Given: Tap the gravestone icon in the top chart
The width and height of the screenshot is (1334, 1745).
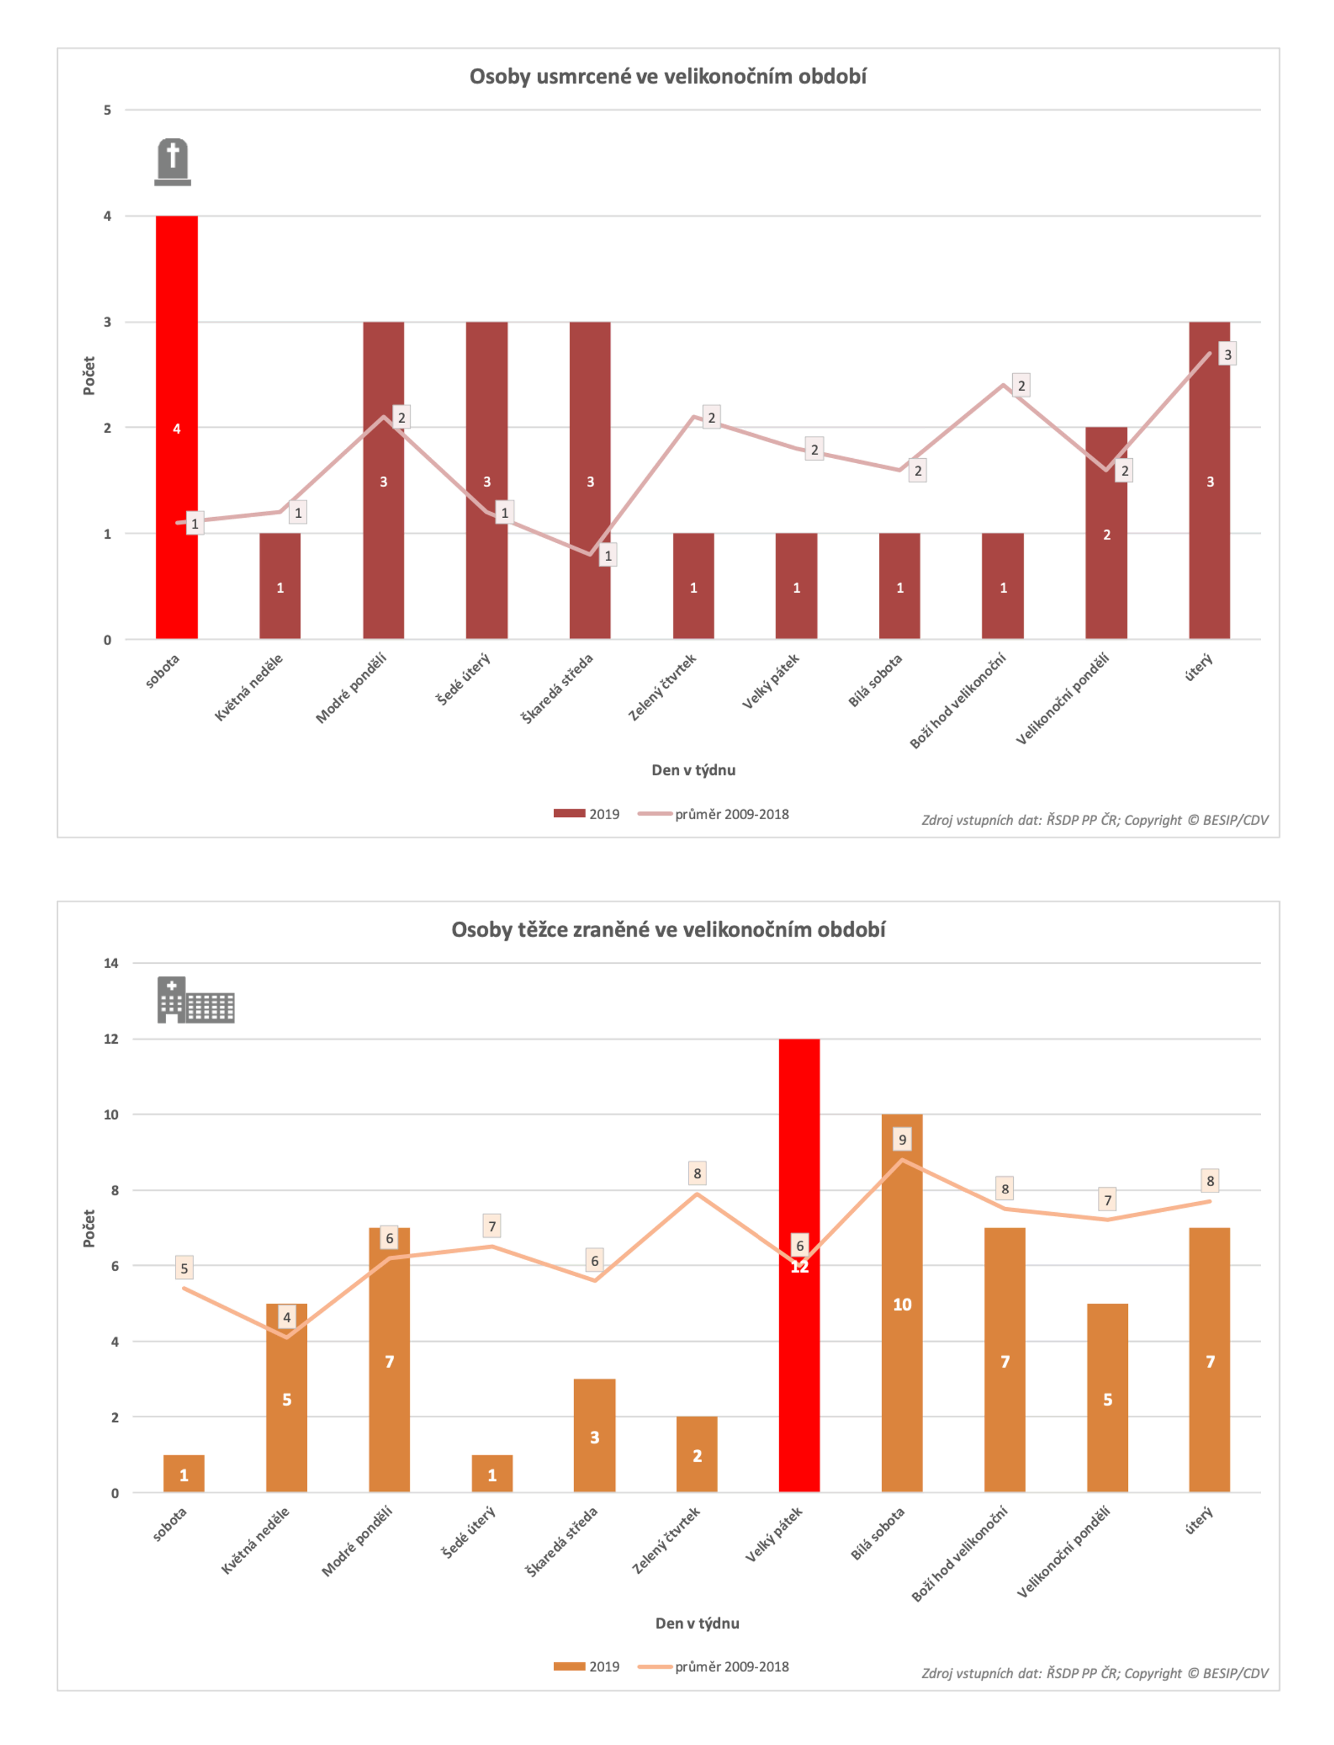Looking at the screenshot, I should [x=172, y=162].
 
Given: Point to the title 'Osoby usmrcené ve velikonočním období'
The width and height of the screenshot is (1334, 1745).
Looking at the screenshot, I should [x=667, y=76].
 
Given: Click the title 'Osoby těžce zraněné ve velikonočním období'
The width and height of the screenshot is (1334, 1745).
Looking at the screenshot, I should [x=667, y=929].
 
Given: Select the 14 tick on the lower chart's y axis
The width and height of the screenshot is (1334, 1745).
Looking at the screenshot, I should [x=111, y=963].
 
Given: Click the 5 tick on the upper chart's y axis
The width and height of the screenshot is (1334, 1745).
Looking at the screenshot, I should [x=107, y=110].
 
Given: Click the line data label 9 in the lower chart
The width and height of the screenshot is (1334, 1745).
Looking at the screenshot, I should [x=902, y=1139].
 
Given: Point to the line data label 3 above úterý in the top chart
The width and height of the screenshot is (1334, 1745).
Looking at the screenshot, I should [x=1227, y=354].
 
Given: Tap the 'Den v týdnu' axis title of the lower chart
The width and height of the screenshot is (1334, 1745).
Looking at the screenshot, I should [x=696, y=1623].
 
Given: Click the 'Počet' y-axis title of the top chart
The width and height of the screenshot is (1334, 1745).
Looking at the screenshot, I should [x=89, y=375].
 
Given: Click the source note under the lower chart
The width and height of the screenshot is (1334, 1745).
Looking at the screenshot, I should [x=1094, y=1673].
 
